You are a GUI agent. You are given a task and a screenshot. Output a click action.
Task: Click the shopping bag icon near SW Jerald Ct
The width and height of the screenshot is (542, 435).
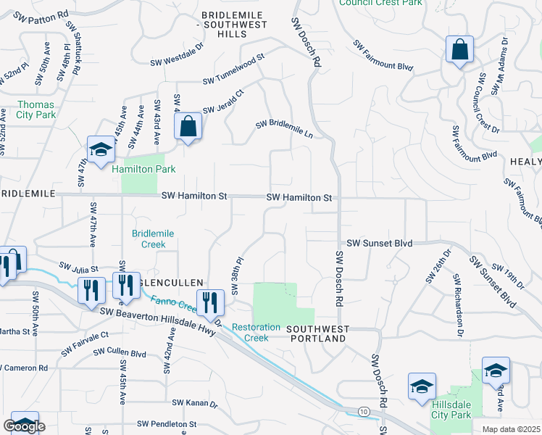click(188, 127)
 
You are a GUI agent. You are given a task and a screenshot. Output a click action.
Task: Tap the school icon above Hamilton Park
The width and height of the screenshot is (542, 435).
click(101, 149)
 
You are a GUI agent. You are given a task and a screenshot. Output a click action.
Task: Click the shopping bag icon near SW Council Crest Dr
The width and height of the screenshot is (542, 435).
click(459, 50)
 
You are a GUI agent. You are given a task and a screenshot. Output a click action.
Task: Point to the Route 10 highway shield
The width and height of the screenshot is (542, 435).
click(363, 412)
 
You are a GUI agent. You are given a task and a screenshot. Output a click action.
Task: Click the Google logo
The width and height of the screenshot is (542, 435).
click(25, 426)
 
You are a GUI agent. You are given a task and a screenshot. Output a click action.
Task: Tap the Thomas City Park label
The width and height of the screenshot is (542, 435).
click(36, 109)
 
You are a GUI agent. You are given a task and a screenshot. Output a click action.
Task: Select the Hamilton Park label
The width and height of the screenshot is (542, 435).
click(143, 169)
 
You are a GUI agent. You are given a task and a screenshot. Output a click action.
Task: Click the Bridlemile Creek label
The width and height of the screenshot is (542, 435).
click(149, 239)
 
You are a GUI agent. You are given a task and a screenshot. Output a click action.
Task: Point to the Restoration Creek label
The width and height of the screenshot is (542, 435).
click(256, 333)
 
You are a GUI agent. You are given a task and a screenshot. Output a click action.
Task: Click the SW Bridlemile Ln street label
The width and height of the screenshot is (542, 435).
click(284, 130)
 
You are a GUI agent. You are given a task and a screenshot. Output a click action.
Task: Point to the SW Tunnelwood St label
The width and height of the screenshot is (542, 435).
click(234, 69)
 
